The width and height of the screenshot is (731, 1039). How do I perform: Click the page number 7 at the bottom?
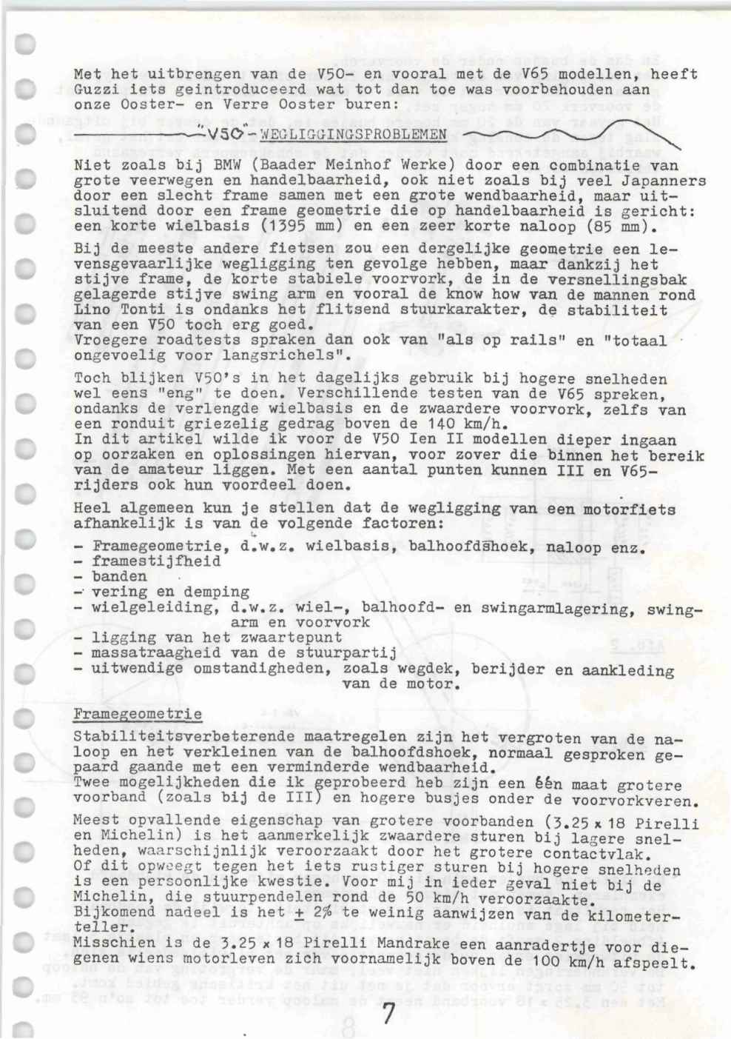point(388,1014)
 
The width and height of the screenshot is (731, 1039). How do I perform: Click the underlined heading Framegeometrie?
point(137,715)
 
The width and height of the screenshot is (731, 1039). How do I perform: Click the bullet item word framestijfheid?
point(156,561)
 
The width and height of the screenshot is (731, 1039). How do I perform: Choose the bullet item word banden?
point(119,576)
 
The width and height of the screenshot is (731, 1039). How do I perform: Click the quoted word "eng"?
point(169,393)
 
